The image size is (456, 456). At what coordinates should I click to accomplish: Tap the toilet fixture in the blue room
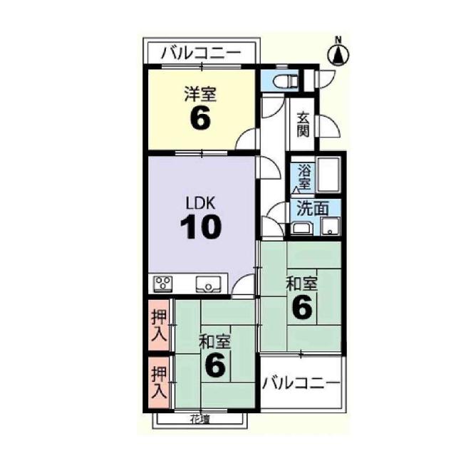tap(286, 81)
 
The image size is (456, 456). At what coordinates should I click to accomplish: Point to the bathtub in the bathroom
tap(328, 175)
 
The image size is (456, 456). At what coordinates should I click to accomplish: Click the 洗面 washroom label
tap(313, 209)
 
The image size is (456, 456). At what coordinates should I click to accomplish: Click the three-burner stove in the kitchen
tap(163, 284)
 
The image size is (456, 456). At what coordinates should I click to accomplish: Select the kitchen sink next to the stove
tap(208, 284)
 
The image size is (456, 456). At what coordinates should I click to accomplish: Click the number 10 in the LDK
tap(201, 227)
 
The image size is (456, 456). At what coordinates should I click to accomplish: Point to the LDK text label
tap(200, 203)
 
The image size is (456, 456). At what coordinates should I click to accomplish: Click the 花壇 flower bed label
tap(200, 419)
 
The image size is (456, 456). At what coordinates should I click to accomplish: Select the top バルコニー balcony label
tap(201, 53)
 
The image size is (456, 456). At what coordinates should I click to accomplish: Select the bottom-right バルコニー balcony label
tap(301, 383)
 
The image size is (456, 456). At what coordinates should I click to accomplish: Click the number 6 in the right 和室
tap(302, 307)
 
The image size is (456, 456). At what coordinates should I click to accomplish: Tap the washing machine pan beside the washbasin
tap(330, 226)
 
